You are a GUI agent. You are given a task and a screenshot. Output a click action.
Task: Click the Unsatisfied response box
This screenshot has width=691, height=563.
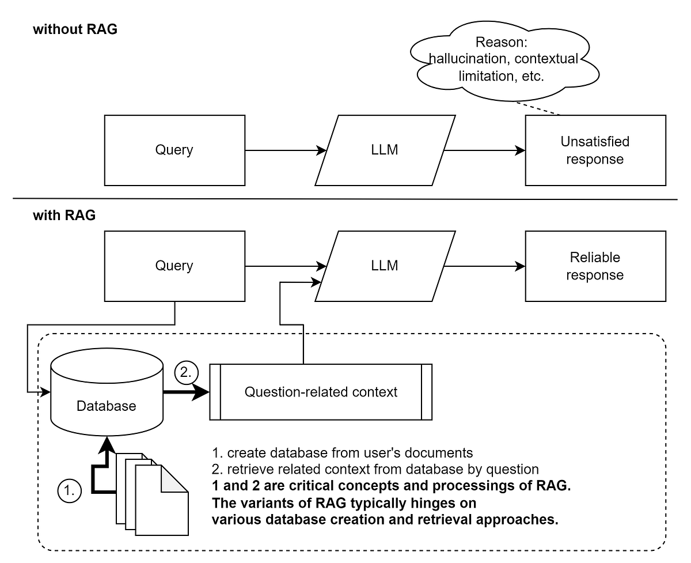pos(595,150)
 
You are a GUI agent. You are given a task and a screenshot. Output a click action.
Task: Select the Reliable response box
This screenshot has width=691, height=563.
pos(595,266)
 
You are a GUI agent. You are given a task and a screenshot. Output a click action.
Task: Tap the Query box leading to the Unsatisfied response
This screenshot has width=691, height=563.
pos(174,150)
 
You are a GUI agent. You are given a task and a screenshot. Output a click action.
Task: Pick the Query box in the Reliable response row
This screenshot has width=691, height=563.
pos(174,266)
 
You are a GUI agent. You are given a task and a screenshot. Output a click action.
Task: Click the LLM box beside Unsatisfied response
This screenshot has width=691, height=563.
pos(385,150)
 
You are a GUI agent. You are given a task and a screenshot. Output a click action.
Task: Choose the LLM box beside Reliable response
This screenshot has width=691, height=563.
pos(385,266)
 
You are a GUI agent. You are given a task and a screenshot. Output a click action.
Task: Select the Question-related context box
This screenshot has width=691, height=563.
pos(321,392)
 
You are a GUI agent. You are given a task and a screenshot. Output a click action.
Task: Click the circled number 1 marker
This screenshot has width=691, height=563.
pos(70,492)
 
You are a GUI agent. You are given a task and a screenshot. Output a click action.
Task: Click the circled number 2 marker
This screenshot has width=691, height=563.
pos(185,373)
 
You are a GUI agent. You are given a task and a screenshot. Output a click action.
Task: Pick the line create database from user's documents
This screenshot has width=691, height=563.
pos(343,451)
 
